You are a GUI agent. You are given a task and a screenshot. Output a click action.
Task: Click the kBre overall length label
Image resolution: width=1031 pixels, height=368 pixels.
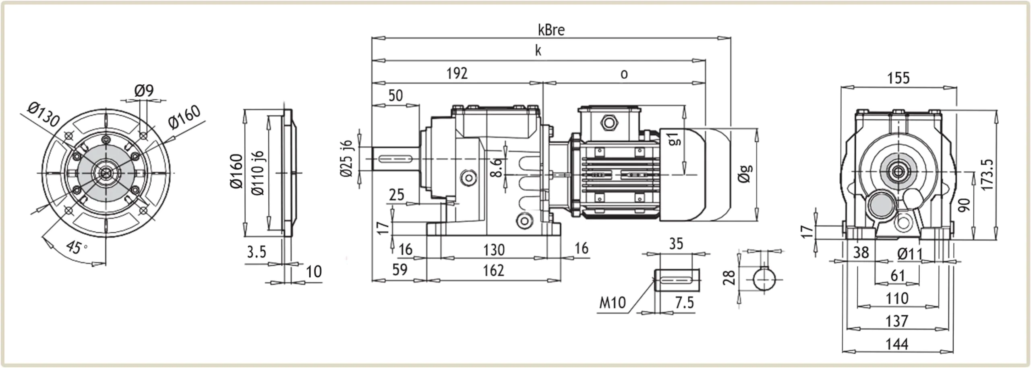pyautogui.click(x=551, y=30)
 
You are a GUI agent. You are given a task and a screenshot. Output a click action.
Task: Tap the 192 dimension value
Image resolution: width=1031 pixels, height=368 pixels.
pyautogui.click(x=457, y=73)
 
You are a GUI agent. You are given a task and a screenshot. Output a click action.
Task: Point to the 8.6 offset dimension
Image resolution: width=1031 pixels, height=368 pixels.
pyautogui.click(x=497, y=167)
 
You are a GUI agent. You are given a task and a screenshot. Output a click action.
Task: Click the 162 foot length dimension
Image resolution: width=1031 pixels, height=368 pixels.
pyautogui.click(x=493, y=270)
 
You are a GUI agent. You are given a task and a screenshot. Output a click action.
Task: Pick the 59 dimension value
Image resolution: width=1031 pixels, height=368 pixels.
pyautogui.click(x=400, y=270)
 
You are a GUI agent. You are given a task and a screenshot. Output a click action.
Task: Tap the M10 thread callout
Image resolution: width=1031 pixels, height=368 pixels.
pyautogui.click(x=612, y=302)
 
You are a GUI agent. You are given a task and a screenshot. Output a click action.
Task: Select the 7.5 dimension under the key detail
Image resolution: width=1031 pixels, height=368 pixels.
pyautogui.click(x=684, y=303)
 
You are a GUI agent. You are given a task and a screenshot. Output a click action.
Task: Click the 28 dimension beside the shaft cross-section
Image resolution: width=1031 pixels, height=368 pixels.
pyautogui.click(x=729, y=278)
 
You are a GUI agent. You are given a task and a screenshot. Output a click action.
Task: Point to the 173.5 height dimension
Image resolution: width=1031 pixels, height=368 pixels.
pyautogui.click(x=987, y=175)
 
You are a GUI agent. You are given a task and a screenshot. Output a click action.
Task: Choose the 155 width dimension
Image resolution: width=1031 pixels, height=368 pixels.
pyautogui.click(x=898, y=78)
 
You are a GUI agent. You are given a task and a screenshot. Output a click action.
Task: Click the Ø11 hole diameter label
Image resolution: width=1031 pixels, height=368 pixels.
pyautogui.click(x=909, y=254)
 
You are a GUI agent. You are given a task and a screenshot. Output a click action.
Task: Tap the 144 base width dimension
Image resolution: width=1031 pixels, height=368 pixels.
pyautogui.click(x=897, y=344)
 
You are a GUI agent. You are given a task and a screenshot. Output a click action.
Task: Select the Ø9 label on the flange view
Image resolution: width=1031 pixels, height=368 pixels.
pyautogui.click(x=144, y=90)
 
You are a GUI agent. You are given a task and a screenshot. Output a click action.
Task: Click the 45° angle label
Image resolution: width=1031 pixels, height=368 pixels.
pyautogui.click(x=76, y=247)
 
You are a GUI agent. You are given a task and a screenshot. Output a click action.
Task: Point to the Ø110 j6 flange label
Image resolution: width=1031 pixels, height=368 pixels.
pyautogui.click(x=258, y=173)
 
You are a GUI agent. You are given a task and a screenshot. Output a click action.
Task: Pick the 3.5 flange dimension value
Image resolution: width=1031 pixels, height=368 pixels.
pyautogui.click(x=257, y=252)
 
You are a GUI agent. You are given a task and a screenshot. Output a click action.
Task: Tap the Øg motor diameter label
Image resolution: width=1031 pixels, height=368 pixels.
pyautogui.click(x=745, y=174)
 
